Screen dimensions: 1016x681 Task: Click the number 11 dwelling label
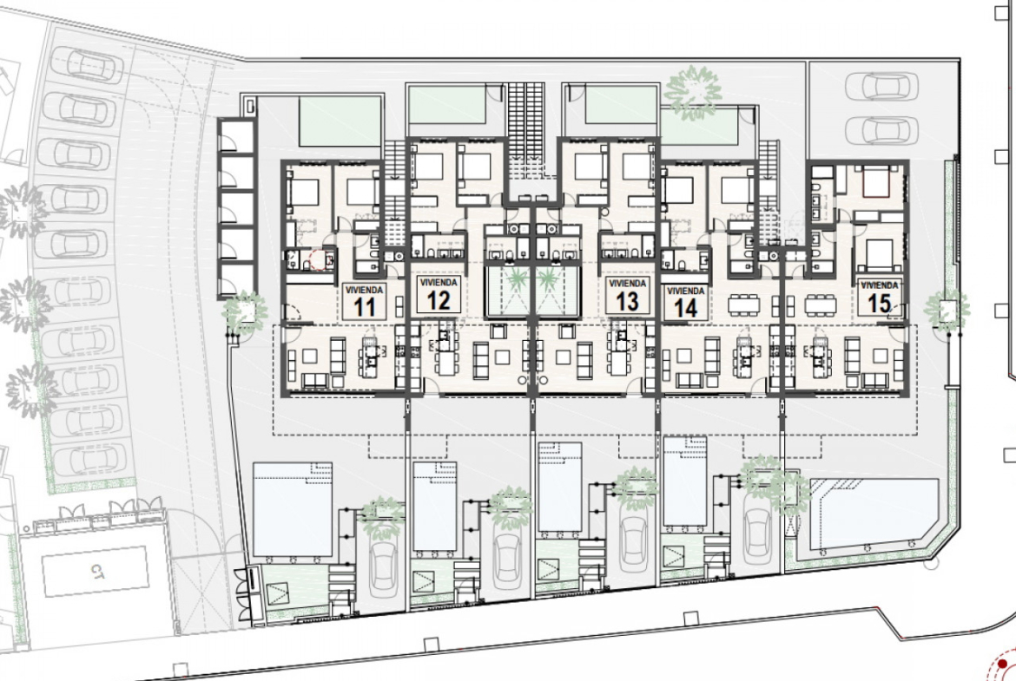(x=364, y=306)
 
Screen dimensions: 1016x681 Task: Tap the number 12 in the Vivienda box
(x=438, y=300)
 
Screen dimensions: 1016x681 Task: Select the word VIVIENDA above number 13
(x=627, y=284)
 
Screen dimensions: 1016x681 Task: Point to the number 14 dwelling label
(x=685, y=307)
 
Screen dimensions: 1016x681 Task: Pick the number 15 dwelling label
(x=880, y=303)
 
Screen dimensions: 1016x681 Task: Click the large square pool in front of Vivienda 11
(x=293, y=509)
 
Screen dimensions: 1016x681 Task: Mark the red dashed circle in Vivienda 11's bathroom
(x=318, y=260)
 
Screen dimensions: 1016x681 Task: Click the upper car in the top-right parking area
(x=882, y=85)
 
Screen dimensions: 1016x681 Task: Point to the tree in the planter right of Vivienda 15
(x=947, y=310)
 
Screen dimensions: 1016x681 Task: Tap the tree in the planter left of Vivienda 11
(x=244, y=311)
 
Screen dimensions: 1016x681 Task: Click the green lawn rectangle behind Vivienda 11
(x=340, y=121)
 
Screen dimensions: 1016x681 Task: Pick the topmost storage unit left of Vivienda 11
(x=236, y=135)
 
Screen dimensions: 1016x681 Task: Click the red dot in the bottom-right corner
(x=1002, y=665)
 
